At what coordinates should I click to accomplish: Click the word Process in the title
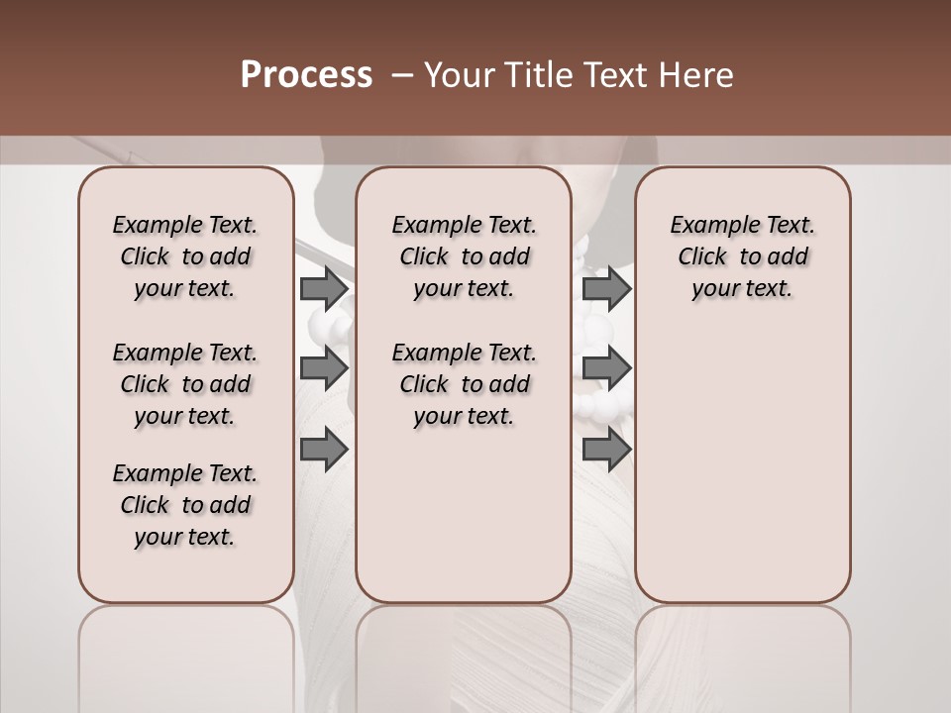[306, 75]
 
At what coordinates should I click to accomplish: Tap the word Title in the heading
[538, 75]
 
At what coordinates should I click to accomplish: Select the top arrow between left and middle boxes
[324, 289]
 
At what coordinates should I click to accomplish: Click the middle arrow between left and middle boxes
[324, 368]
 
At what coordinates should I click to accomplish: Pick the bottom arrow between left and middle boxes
[324, 449]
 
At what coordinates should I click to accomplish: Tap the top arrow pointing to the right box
[606, 289]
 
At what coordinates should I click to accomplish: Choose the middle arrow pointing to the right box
[606, 368]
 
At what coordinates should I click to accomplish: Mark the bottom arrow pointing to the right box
[606, 449]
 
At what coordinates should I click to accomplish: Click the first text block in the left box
[185, 256]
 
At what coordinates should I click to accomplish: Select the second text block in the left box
[185, 384]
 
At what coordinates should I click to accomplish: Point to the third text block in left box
[185, 505]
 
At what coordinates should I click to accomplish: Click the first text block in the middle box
[464, 256]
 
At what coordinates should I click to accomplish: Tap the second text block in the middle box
[464, 384]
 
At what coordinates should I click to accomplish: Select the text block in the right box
[742, 256]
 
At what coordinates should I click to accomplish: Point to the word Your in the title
[460, 75]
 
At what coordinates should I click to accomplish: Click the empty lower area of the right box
[742, 465]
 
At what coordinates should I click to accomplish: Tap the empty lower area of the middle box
[464, 515]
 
